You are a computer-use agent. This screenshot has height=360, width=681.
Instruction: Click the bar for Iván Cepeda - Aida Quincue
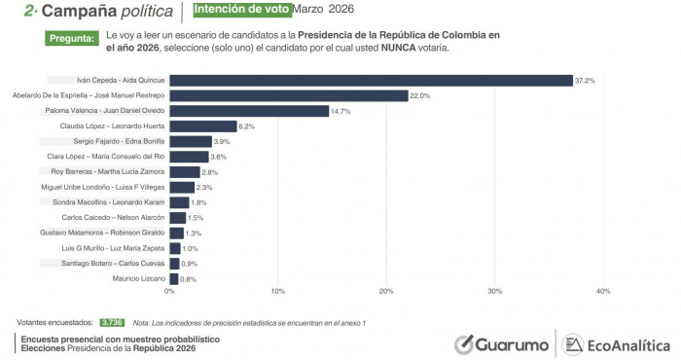click(371, 80)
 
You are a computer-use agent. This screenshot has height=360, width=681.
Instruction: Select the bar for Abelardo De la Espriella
click(289, 95)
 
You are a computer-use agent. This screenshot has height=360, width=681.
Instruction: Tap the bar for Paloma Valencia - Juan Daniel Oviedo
click(249, 111)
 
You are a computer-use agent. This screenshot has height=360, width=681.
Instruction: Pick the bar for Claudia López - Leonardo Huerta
click(203, 126)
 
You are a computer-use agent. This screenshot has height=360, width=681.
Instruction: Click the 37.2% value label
click(586, 80)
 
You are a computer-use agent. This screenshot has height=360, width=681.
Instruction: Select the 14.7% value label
click(341, 111)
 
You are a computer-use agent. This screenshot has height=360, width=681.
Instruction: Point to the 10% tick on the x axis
click(278, 291)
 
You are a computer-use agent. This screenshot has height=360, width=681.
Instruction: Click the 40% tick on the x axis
click(602, 291)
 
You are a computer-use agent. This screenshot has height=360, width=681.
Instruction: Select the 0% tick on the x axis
click(170, 291)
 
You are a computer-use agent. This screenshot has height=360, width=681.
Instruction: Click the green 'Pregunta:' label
click(72, 39)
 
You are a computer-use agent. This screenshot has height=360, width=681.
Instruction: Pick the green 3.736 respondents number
click(111, 321)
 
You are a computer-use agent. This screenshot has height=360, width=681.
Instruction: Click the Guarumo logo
click(500, 344)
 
